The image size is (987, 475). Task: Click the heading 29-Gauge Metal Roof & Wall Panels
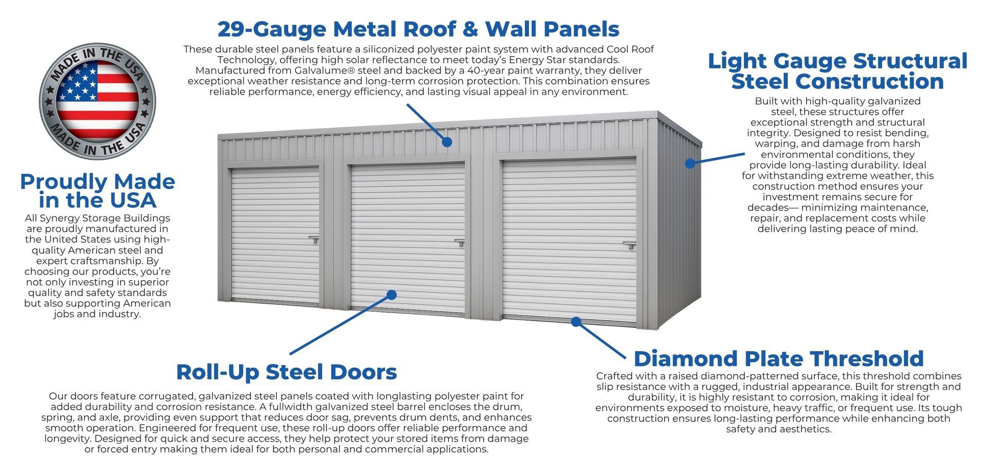pyautogui.click(x=418, y=29)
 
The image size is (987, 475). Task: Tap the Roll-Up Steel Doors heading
pyautogui.click(x=286, y=372)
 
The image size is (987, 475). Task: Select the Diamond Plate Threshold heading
pyautogui.click(x=778, y=358)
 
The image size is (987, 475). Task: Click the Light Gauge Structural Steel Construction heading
pyautogui.click(x=837, y=71)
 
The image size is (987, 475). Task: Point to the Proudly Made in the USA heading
pyautogui.click(x=97, y=190)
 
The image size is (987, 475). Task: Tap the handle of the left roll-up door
pyautogui.click(x=314, y=239)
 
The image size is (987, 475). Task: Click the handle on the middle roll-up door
pyautogui.click(x=460, y=242)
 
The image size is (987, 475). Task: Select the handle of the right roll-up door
pyautogui.click(x=630, y=245)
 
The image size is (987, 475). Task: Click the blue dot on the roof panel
pyautogui.click(x=447, y=142)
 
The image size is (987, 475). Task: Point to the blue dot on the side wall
pyautogui.click(x=690, y=163)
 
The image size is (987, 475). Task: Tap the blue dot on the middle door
pyautogui.click(x=392, y=295)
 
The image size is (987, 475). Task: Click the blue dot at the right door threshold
pyautogui.click(x=576, y=322)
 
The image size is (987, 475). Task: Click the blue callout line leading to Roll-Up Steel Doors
pyautogui.click(x=339, y=325)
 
